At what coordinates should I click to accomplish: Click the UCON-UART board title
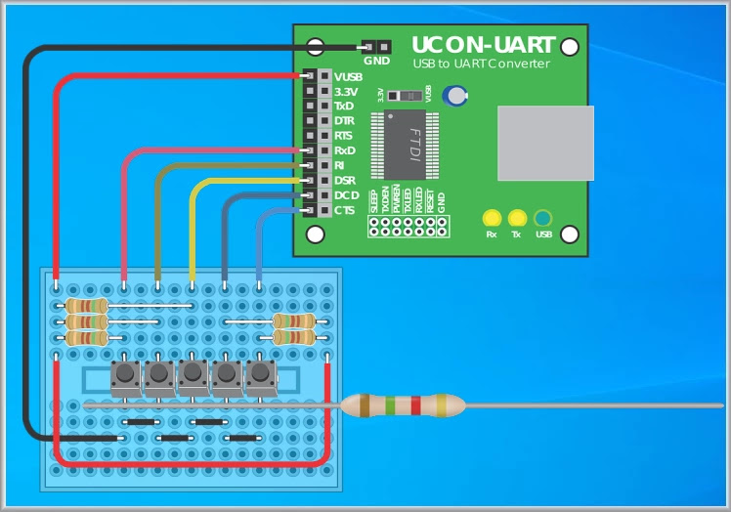483,45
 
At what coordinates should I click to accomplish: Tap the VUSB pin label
348,76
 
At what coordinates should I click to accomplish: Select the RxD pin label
345,150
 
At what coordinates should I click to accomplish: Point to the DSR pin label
345,181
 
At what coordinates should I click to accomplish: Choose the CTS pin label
345,210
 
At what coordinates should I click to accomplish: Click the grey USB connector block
545,144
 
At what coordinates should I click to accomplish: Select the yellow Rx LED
492,219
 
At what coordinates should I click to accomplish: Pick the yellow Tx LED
517,219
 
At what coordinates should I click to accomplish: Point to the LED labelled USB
543,219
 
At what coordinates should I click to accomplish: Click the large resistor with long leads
403,405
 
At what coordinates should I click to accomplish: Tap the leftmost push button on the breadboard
125,375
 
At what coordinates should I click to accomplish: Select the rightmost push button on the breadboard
259,375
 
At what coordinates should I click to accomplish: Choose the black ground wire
27,244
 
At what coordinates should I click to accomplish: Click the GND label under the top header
376,61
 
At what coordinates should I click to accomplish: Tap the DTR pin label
345,120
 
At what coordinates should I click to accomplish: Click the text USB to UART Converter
481,64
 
